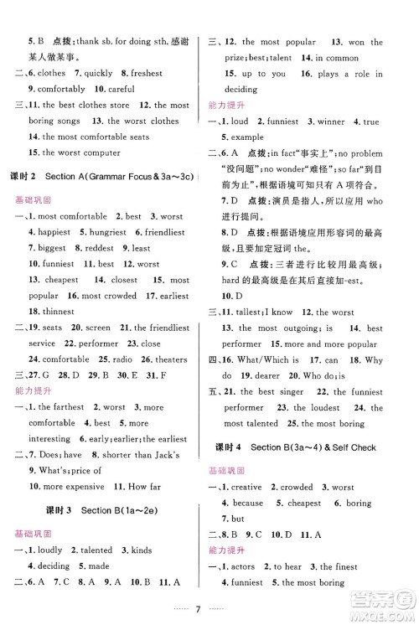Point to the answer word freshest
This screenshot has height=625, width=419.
pos(144,73)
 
